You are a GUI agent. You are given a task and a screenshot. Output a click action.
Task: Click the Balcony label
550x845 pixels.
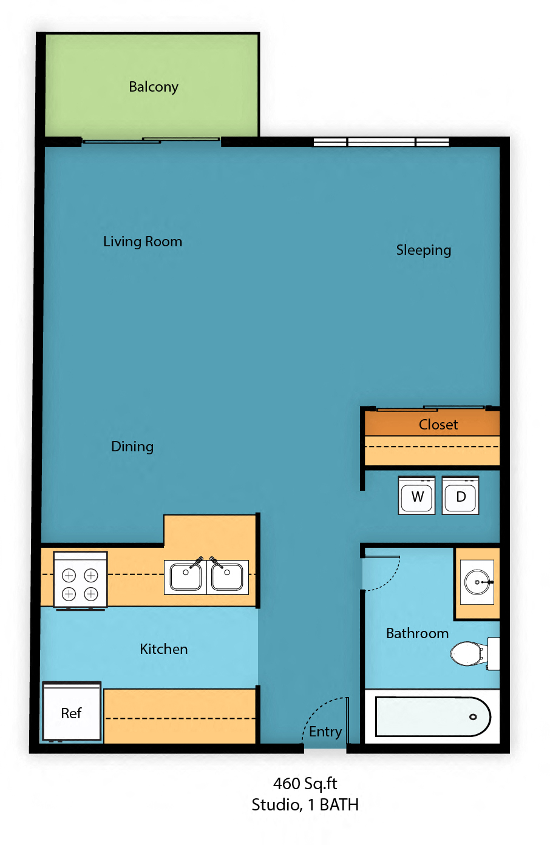(x=154, y=87)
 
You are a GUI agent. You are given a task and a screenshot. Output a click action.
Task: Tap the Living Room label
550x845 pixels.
(x=143, y=241)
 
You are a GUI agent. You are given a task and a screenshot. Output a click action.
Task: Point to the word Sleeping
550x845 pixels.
(x=423, y=250)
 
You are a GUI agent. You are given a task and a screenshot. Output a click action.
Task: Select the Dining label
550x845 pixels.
(x=132, y=446)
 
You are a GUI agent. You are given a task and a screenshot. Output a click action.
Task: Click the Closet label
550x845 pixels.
(x=438, y=425)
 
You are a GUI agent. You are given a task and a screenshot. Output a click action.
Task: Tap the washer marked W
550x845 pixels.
(x=417, y=496)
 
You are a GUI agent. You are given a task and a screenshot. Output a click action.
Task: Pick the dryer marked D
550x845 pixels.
(x=461, y=496)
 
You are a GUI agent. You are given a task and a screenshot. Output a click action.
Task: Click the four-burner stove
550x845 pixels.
(x=80, y=579)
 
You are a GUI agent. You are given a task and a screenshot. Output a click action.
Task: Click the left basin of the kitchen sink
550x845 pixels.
(x=186, y=577)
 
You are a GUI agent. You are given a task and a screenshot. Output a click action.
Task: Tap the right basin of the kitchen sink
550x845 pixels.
(x=228, y=577)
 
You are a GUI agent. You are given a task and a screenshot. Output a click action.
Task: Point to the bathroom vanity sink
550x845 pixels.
(x=477, y=582)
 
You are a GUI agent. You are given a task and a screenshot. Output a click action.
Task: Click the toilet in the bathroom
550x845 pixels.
(x=469, y=654)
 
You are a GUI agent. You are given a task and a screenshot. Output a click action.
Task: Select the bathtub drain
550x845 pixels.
(x=473, y=717)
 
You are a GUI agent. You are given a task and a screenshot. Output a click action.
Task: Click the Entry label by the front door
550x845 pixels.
(x=325, y=732)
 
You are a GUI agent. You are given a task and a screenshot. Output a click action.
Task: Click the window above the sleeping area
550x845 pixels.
(x=381, y=142)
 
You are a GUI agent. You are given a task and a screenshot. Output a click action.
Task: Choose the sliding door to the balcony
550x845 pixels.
(x=151, y=141)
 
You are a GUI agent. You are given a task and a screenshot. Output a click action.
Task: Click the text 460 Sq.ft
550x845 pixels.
(x=305, y=783)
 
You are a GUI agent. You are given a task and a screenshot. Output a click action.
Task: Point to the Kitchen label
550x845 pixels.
(x=164, y=649)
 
